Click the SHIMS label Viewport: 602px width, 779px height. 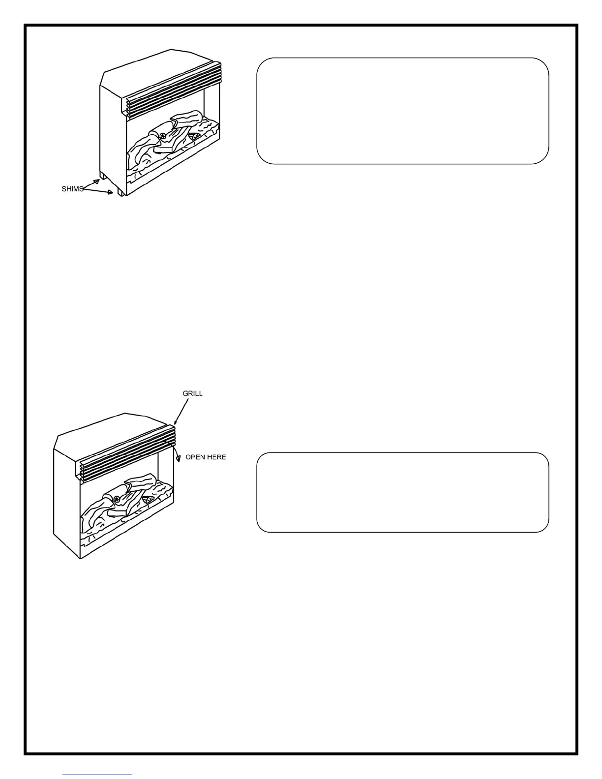pyautogui.click(x=72, y=189)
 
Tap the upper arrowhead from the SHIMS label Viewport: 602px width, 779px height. pyautogui.click(x=97, y=181)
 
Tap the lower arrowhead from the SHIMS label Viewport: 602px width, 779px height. pyautogui.click(x=111, y=193)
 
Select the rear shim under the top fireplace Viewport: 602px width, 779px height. pyautogui.click(x=103, y=176)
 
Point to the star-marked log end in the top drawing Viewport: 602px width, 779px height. pyautogui.click(x=163, y=136)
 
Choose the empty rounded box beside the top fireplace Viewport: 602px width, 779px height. pyautogui.click(x=402, y=111)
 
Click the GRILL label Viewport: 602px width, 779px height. pyautogui.click(x=192, y=393)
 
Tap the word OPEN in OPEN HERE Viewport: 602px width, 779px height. pyautogui.click(x=195, y=457)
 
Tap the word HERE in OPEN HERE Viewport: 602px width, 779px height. pyautogui.click(x=216, y=457)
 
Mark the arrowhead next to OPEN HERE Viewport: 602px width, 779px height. pyautogui.click(x=178, y=459)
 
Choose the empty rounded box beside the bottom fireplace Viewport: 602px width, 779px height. pyautogui.click(x=402, y=492)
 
